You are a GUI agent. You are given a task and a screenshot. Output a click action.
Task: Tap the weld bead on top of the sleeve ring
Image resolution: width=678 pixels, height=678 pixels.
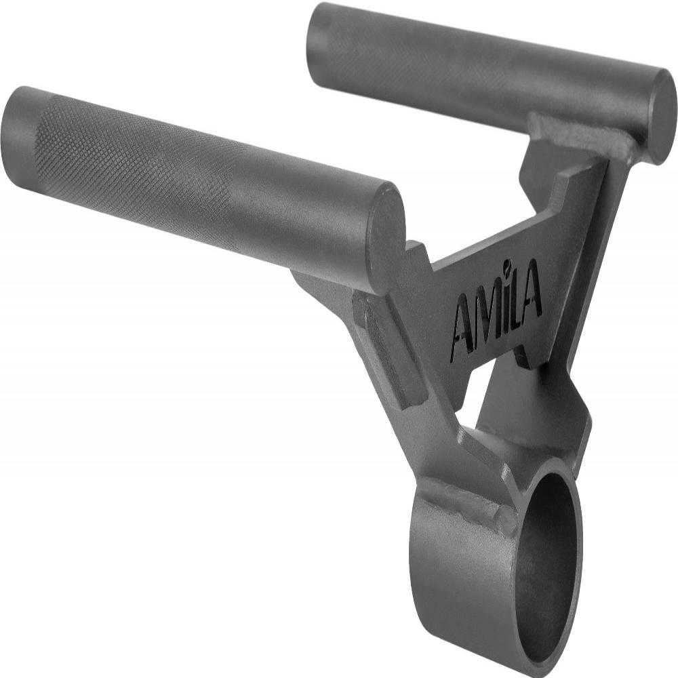(468, 505)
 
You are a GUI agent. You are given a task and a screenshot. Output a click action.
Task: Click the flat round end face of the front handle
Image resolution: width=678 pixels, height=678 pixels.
(385, 230)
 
